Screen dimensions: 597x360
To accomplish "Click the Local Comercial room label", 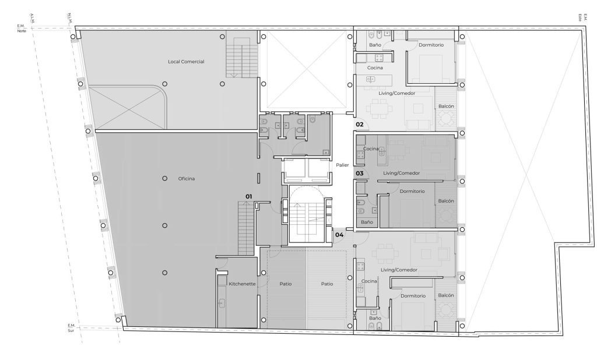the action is [x=186, y=62].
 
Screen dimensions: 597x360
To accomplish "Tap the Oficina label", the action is [x=187, y=178].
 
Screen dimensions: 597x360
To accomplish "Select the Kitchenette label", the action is [x=242, y=284].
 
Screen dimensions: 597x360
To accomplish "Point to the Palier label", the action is [x=342, y=165].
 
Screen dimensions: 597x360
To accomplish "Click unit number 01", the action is [x=248, y=196].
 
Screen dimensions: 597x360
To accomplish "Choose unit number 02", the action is [x=359, y=124].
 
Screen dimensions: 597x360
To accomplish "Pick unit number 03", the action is [x=359, y=173].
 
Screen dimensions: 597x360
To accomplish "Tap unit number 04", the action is [x=339, y=235].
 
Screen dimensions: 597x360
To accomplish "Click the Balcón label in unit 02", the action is [x=446, y=106].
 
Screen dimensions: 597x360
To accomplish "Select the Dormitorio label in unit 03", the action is [x=412, y=192].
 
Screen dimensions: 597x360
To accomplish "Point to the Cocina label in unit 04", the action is [x=369, y=281].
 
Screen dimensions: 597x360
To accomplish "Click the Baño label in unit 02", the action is [x=375, y=45].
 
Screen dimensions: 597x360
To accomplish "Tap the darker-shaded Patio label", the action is [x=286, y=284].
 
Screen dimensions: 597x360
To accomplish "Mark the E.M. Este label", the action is [x=580, y=17].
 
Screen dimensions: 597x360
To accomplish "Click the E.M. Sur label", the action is [x=71, y=328].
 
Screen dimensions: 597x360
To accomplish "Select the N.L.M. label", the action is [x=70, y=18].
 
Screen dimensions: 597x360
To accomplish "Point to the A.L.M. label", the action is [x=32, y=18].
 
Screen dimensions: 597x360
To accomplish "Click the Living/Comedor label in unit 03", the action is [x=401, y=173].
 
